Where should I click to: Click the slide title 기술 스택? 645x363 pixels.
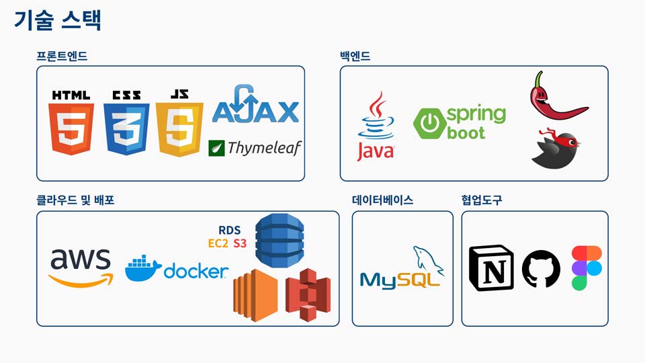click(57, 20)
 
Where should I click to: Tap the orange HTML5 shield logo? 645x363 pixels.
click(71, 128)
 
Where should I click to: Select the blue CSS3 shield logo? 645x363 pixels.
click(126, 128)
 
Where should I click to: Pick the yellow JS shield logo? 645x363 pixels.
click(179, 128)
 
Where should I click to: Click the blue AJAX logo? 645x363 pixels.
click(255, 108)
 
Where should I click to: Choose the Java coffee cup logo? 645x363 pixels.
click(376, 126)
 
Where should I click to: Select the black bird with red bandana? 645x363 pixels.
click(554, 147)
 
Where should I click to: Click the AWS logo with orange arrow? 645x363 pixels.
click(80, 267)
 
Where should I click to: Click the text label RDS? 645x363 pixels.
click(230, 230)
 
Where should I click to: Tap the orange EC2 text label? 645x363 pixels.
click(218, 243)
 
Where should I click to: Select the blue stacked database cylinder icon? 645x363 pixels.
click(280, 238)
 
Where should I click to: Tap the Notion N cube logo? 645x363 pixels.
click(491, 268)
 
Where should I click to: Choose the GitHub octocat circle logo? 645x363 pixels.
click(541, 269)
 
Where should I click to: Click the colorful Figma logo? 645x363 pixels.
click(587, 268)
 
